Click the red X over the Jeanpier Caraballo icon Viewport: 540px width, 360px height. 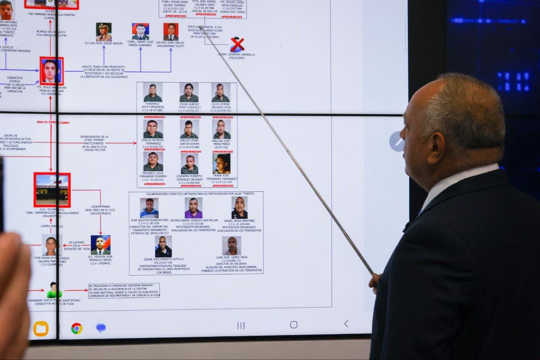[x=237, y=44]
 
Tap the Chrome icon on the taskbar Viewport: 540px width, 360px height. [x=76, y=328]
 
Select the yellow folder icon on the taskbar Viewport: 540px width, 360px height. [x=41, y=328]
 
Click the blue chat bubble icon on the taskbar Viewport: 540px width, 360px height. [x=101, y=328]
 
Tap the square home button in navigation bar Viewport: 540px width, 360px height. [x=294, y=325]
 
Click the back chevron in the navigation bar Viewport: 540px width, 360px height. [x=346, y=324]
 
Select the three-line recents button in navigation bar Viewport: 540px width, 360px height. [x=241, y=325]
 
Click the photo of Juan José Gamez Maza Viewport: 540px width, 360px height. [x=232, y=245]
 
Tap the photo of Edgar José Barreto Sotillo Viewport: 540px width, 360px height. [x=163, y=246]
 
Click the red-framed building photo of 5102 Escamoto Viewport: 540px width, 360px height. [x=52, y=190]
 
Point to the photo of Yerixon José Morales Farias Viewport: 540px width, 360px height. [x=100, y=245]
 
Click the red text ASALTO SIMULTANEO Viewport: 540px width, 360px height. [x=53, y=123]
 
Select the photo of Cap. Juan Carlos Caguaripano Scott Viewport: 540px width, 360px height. [x=171, y=32]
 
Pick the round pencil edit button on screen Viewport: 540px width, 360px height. [x=397, y=142]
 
